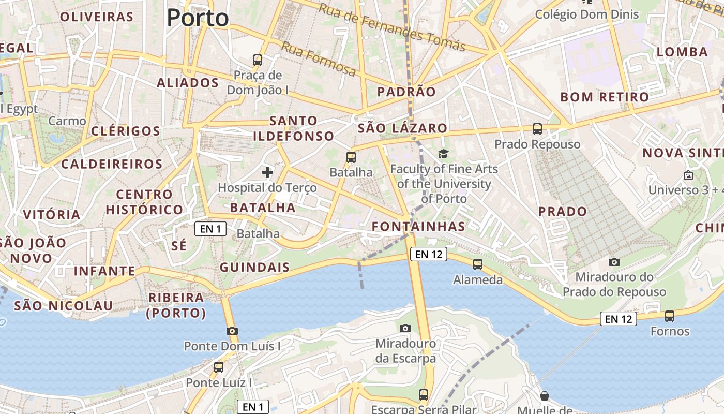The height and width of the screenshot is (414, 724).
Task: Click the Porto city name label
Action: click(198, 18)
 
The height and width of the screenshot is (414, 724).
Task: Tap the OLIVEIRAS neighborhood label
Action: click(97, 17)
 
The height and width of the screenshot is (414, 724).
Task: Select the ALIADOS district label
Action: click(188, 83)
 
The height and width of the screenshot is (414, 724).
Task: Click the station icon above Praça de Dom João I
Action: click(258, 60)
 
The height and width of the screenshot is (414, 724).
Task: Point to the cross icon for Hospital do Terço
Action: click(267, 172)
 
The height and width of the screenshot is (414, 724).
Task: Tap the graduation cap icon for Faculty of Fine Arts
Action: click(443, 154)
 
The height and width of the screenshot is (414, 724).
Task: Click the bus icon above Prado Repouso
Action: click(537, 129)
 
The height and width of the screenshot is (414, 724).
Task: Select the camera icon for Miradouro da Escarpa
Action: click(405, 328)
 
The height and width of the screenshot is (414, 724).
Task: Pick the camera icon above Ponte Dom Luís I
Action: click(232, 331)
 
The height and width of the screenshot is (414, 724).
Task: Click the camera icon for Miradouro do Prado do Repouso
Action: click(614, 262)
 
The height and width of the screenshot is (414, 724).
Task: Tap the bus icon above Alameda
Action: click(478, 264)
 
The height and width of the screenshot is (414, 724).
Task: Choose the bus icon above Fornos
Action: click(670, 316)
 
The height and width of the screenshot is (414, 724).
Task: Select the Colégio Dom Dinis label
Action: click(587, 14)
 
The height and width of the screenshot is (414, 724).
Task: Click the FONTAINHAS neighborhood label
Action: click(418, 226)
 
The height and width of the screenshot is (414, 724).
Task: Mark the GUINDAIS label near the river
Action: click(254, 267)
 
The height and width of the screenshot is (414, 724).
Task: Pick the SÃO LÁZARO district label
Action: click(402, 128)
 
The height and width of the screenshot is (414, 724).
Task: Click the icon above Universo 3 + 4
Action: click(688, 175)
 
